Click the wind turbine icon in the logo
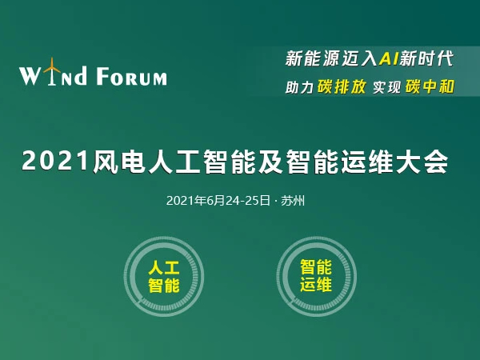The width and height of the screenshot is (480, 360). coord(52,71)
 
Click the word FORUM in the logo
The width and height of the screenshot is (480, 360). coord(132,76)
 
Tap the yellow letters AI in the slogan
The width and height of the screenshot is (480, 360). coord(389,58)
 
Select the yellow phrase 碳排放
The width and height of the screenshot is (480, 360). coord(342,86)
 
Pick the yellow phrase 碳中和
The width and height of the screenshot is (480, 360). coord(430,86)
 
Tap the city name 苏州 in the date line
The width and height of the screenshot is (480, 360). coord(293,201)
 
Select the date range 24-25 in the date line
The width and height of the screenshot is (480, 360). coord(241,201)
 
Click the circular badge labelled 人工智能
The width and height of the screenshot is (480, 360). coord(164,277)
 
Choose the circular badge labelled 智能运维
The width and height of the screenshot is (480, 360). coord(316,277)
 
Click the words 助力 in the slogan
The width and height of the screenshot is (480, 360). coord(299,87)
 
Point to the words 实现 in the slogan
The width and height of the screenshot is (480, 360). coord(386,87)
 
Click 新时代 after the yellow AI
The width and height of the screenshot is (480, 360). coord(426,58)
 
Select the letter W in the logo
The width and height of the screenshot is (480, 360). coord(30,76)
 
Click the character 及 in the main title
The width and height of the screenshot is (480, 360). coord(270,162)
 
